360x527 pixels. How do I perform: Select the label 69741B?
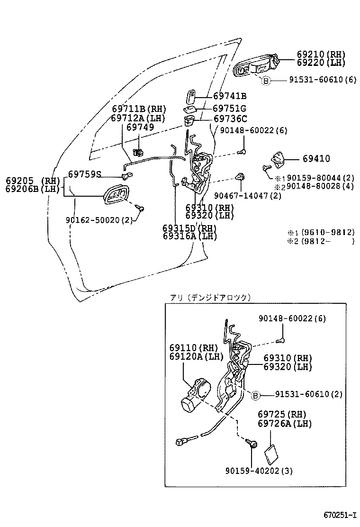coord(229,96)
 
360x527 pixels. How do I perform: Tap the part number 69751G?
coord(229,108)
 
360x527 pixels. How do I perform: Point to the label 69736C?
coord(229,119)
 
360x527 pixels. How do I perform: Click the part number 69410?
coord(314,159)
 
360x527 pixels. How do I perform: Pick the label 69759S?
coord(84,174)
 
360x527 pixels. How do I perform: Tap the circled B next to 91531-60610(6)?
coord(266,81)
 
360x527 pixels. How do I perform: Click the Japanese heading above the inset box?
coord(210,298)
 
